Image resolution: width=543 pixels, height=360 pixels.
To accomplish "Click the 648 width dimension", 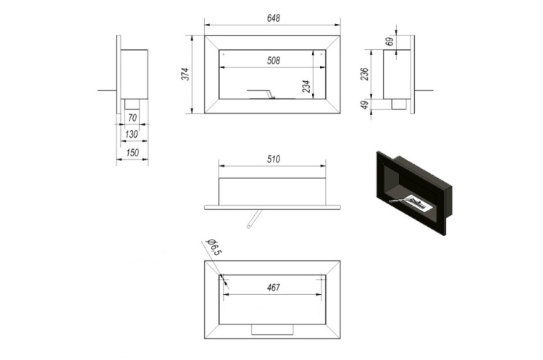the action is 273,18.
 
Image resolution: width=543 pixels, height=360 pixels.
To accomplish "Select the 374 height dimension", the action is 185,74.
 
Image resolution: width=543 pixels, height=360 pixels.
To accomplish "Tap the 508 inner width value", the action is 273,61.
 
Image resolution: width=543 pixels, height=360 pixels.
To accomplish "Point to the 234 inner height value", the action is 306,86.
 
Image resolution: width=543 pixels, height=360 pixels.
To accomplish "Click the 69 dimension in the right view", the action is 390,41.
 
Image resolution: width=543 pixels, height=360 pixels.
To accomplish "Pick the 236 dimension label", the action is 364,74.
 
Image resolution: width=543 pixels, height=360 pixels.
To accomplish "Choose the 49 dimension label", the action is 365,105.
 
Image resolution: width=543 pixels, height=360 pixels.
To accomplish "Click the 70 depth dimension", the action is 132,118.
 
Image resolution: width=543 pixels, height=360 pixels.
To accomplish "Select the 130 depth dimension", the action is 131,134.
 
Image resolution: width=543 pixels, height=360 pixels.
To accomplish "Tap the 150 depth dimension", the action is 132,152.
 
